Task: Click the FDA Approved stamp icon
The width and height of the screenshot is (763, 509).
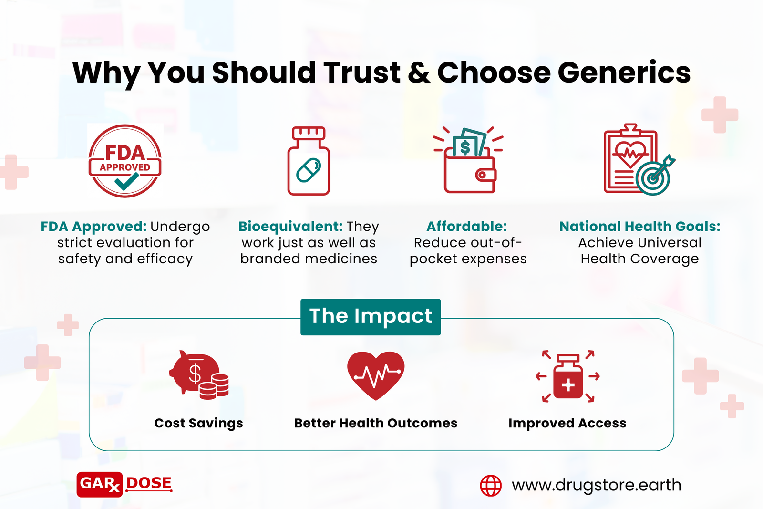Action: click(125, 161)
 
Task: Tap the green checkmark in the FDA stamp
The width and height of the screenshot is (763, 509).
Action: click(127, 181)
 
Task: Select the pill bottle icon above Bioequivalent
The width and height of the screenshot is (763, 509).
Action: click(309, 161)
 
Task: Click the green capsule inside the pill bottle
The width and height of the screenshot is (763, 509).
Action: click(309, 170)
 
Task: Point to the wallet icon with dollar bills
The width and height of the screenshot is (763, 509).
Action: click(468, 160)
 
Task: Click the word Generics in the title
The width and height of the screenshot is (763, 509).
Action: click(624, 73)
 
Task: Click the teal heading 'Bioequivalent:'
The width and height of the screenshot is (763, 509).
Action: click(290, 226)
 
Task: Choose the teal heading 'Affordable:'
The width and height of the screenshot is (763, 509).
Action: click(467, 226)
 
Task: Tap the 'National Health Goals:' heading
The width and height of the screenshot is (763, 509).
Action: click(639, 226)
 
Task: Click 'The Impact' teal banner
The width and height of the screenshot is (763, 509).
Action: click(371, 317)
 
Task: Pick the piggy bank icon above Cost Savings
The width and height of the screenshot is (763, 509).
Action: click(199, 375)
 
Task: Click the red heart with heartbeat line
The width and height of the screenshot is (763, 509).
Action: click(376, 375)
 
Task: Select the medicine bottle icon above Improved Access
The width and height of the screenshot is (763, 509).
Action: click(568, 376)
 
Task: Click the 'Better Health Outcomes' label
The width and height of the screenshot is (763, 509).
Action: click(376, 423)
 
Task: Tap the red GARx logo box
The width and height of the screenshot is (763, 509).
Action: click(100, 484)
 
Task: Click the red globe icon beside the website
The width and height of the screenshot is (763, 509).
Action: click(491, 486)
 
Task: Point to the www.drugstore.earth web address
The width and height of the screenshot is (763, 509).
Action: click(597, 485)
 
